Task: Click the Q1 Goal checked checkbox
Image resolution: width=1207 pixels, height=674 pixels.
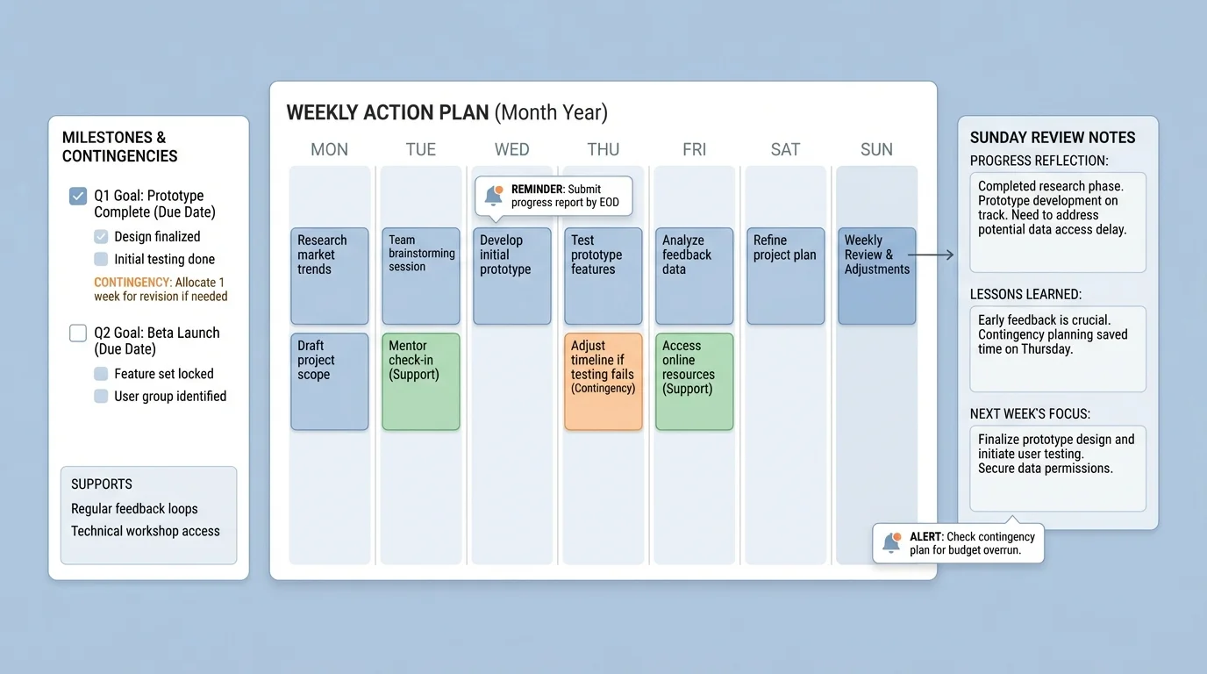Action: pos(78,196)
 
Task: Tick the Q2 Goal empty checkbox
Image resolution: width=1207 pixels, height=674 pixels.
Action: pos(78,333)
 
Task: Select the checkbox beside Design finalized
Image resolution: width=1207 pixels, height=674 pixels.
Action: pos(101,236)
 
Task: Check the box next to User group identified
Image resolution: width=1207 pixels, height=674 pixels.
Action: pos(101,396)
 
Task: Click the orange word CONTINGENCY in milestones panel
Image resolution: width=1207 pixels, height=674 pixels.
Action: pos(132,283)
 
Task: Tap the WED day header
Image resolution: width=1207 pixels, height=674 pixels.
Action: pos(511,149)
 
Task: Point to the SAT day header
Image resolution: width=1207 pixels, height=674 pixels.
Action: pos(785,149)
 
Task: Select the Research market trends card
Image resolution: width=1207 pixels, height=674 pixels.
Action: pos(329,276)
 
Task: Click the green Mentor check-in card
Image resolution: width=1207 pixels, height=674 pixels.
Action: pos(420,381)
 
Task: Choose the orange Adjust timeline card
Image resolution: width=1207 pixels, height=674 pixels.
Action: pos(603,381)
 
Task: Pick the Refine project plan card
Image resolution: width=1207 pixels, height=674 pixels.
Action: pos(785,276)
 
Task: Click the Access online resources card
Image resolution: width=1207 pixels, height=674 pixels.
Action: pos(694,381)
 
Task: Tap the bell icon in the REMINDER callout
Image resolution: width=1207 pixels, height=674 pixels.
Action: pos(494,196)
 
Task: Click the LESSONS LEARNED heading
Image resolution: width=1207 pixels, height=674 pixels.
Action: pos(1025,295)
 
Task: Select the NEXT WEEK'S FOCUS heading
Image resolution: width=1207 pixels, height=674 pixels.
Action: pos(1030,414)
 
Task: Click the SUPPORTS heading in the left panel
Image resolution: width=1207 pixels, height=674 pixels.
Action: pos(102,484)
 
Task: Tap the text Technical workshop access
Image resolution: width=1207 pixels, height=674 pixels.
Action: pos(146,531)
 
